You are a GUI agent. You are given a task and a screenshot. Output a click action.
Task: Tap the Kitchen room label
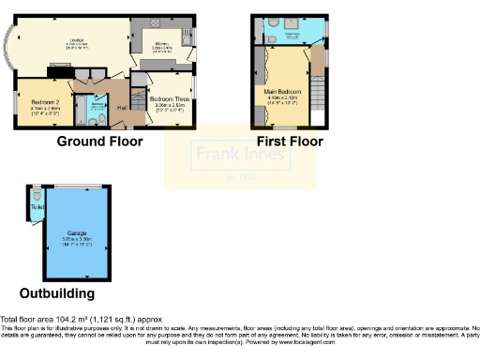pos(160,44)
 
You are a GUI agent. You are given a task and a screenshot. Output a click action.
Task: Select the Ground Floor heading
pos(99,142)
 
